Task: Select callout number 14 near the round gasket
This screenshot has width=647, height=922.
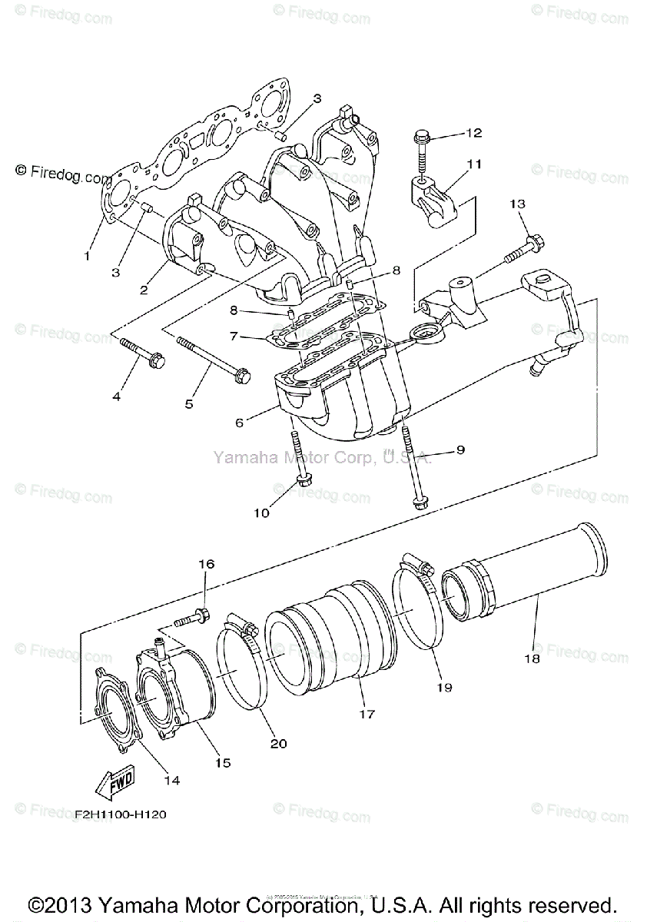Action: point(172,780)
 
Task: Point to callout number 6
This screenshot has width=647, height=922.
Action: point(239,422)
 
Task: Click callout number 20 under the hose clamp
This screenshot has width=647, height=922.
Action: point(278,743)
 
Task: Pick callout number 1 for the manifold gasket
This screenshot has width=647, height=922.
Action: point(88,255)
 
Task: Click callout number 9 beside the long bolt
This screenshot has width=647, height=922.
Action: point(460,450)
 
